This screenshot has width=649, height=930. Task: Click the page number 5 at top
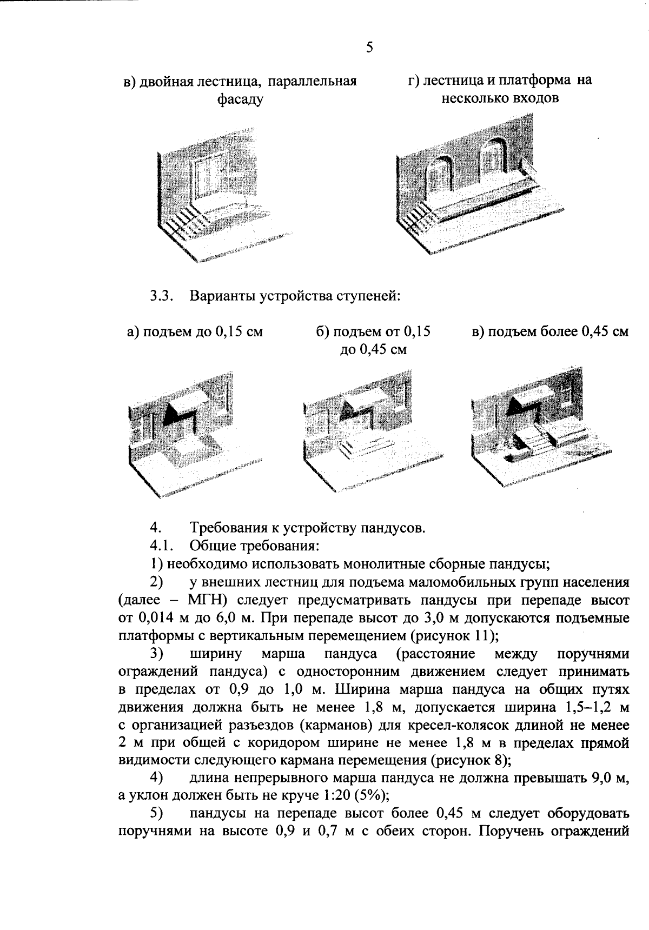(369, 48)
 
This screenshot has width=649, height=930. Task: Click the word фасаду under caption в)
(240, 99)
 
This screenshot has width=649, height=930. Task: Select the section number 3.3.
(161, 296)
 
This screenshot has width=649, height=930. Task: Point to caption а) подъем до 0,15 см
(195, 331)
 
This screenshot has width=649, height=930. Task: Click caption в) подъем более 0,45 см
(550, 331)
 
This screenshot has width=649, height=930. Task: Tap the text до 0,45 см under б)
(373, 349)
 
